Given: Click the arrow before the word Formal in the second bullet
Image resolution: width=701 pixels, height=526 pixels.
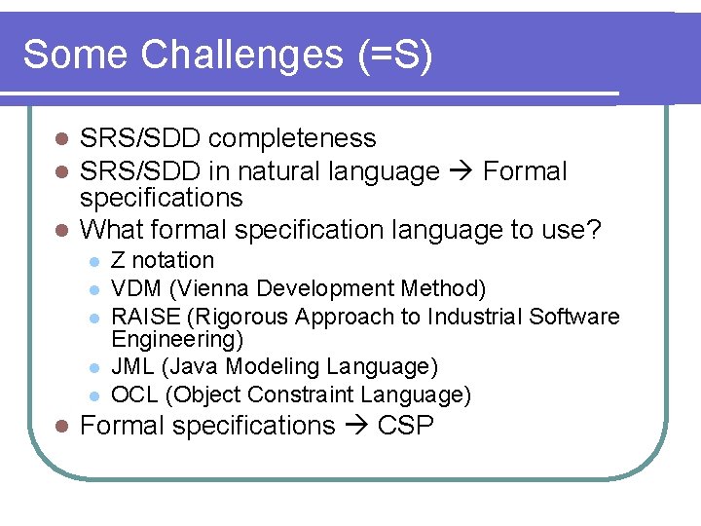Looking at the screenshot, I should coord(461,172).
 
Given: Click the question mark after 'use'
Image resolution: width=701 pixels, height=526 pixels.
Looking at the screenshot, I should coord(595,230).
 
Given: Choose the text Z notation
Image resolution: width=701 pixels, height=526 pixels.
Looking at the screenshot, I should coord(163,260).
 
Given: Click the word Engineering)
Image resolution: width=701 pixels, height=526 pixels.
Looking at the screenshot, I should coord(177,339).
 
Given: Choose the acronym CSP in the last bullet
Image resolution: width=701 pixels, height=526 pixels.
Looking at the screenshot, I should coord(404,426).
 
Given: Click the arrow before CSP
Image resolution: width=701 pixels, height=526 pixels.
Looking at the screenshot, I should coord(353,427).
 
